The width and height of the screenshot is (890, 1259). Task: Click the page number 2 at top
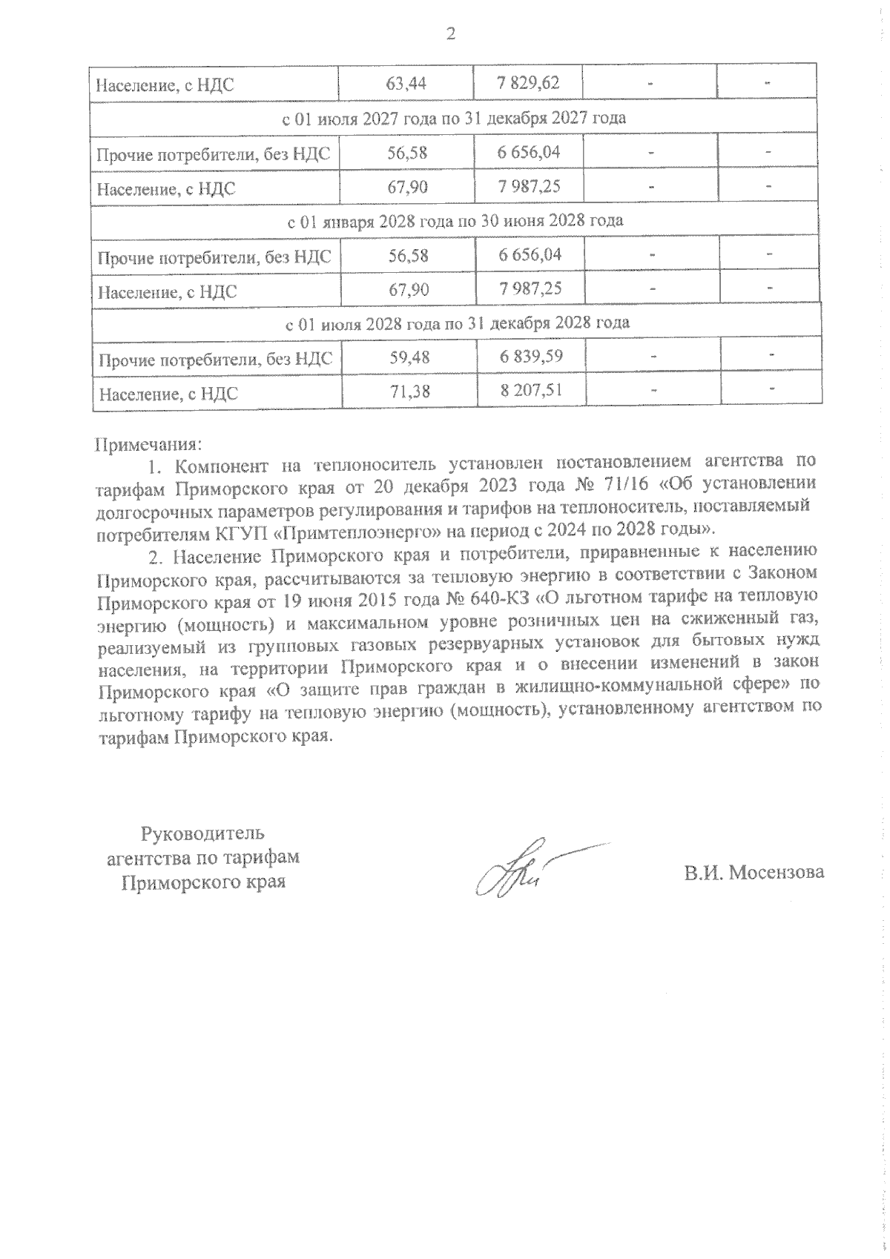[x=449, y=33]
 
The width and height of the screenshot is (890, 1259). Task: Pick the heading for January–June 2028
[x=455, y=220]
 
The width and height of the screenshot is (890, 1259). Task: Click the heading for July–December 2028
[x=458, y=323]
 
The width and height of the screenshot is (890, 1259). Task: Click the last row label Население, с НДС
[x=167, y=394]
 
